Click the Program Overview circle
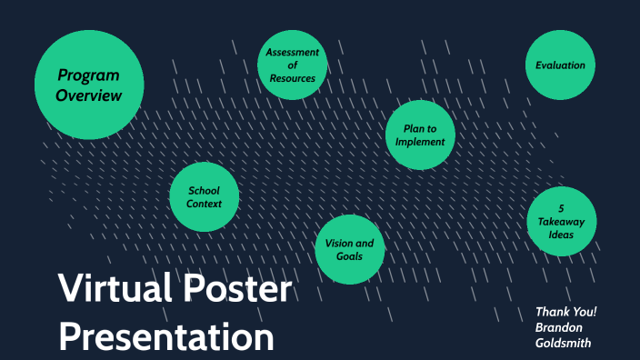(x=88, y=85)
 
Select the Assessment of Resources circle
(x=292, y=65)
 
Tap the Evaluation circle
(x=560, y=65)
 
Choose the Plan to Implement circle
(x=419, y=135)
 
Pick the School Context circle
(x=204, y=197)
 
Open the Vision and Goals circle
(x=349, y=249)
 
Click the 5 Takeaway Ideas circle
(x=561, y=221)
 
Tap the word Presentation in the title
(x=166, y=337)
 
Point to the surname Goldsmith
(x=565, y=343)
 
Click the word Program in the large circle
(x=88, y=75)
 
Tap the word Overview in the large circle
(x=88, y=95)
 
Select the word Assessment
(x=292, y=52)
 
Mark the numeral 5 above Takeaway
(x=561, y=207)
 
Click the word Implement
(x=420, y=142)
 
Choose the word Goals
(x=349, y=256)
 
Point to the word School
(x=204, y=190)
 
